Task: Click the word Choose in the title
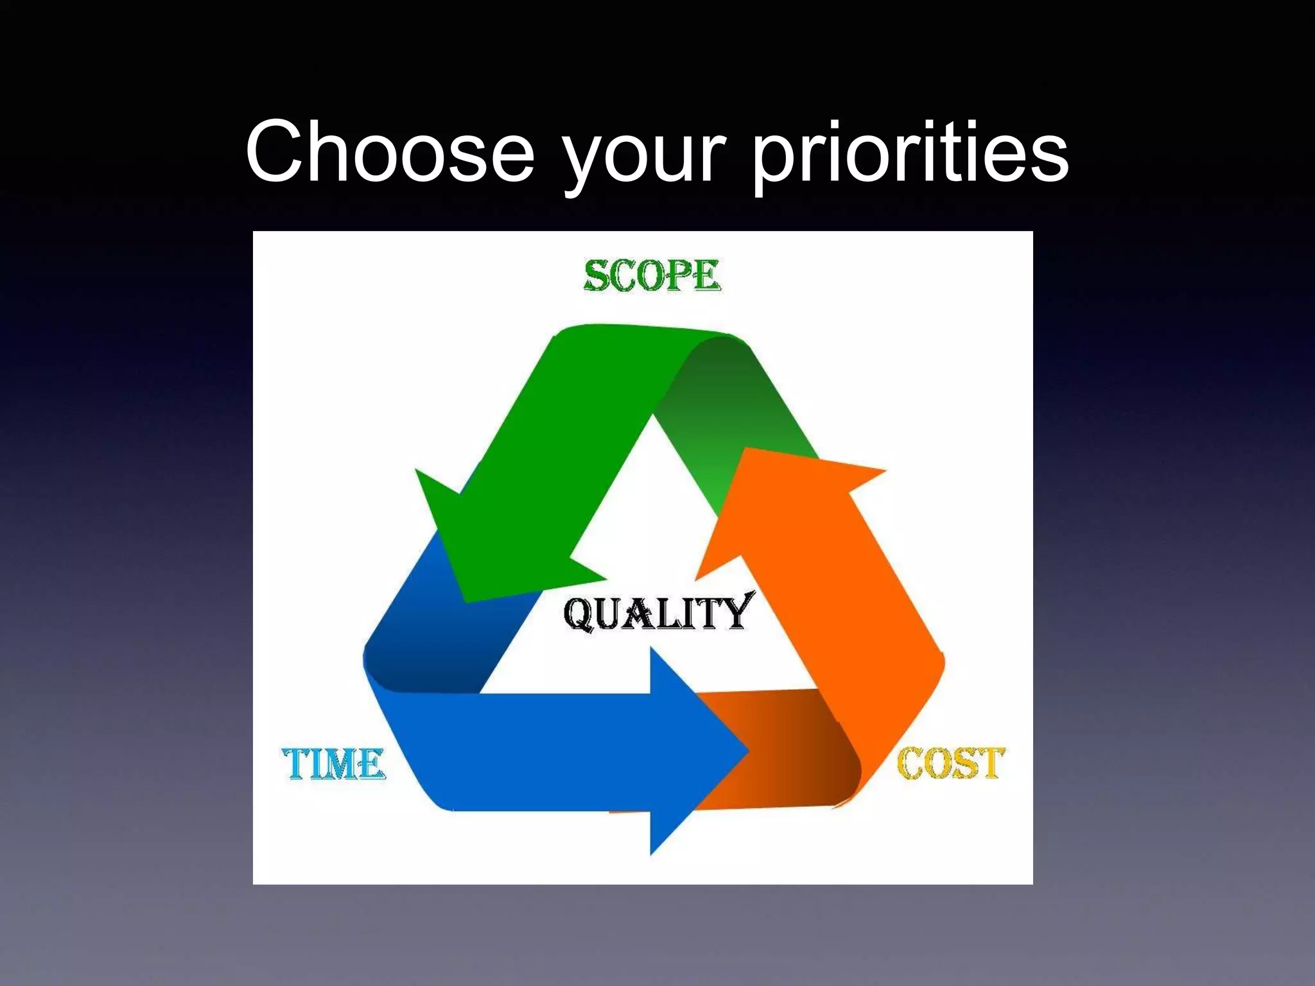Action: coord(390,151)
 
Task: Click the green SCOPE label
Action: coord(652,276)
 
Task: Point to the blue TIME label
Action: coord(334,764)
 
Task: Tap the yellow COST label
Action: coord(950,763)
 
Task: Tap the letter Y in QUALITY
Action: coord(735,610)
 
